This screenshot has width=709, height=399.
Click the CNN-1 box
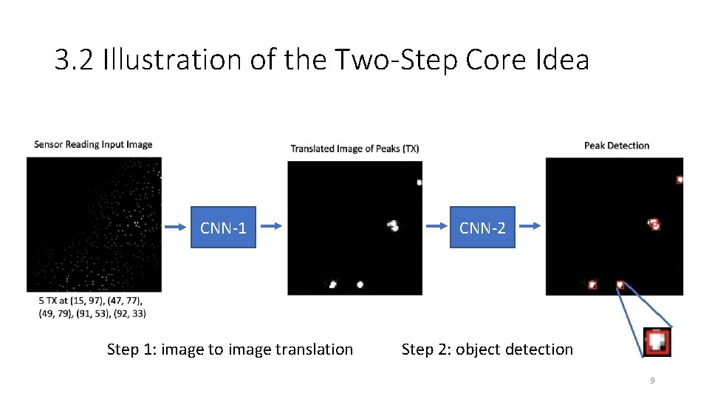coord(223,227)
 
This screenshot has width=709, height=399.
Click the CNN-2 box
coord(482,227)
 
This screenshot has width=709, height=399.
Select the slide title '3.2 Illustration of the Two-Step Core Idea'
coord(321,60)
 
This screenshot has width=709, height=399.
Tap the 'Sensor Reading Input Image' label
coord(93,144)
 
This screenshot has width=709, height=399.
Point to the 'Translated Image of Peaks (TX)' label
coord(354,149)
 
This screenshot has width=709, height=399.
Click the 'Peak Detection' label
coord(616,146)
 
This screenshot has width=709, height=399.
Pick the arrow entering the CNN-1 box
coord(176,227)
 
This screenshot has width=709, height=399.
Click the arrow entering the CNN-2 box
coord(436,227)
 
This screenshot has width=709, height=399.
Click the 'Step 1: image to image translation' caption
coord(230,349)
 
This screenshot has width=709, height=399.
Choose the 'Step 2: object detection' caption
coord(487,349)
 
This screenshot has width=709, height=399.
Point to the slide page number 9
coord(652,381)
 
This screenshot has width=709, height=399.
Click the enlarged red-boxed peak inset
coord(657,342)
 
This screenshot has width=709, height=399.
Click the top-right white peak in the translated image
coord(419,182)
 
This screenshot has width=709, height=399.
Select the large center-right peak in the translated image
coord(394,225)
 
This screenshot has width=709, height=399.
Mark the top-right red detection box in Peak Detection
coord(679,179)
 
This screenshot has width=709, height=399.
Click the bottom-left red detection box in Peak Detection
coord(592,284)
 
